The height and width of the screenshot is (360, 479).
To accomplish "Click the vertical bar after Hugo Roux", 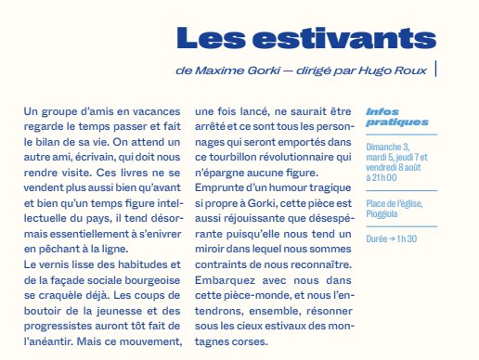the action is pyautogui.click(x=435, y=69).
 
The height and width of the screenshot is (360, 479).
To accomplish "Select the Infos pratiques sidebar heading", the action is pyautogui.click(x=384, y=117).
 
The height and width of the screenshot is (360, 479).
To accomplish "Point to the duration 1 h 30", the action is pyautogui.click(x=409, y=238).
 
